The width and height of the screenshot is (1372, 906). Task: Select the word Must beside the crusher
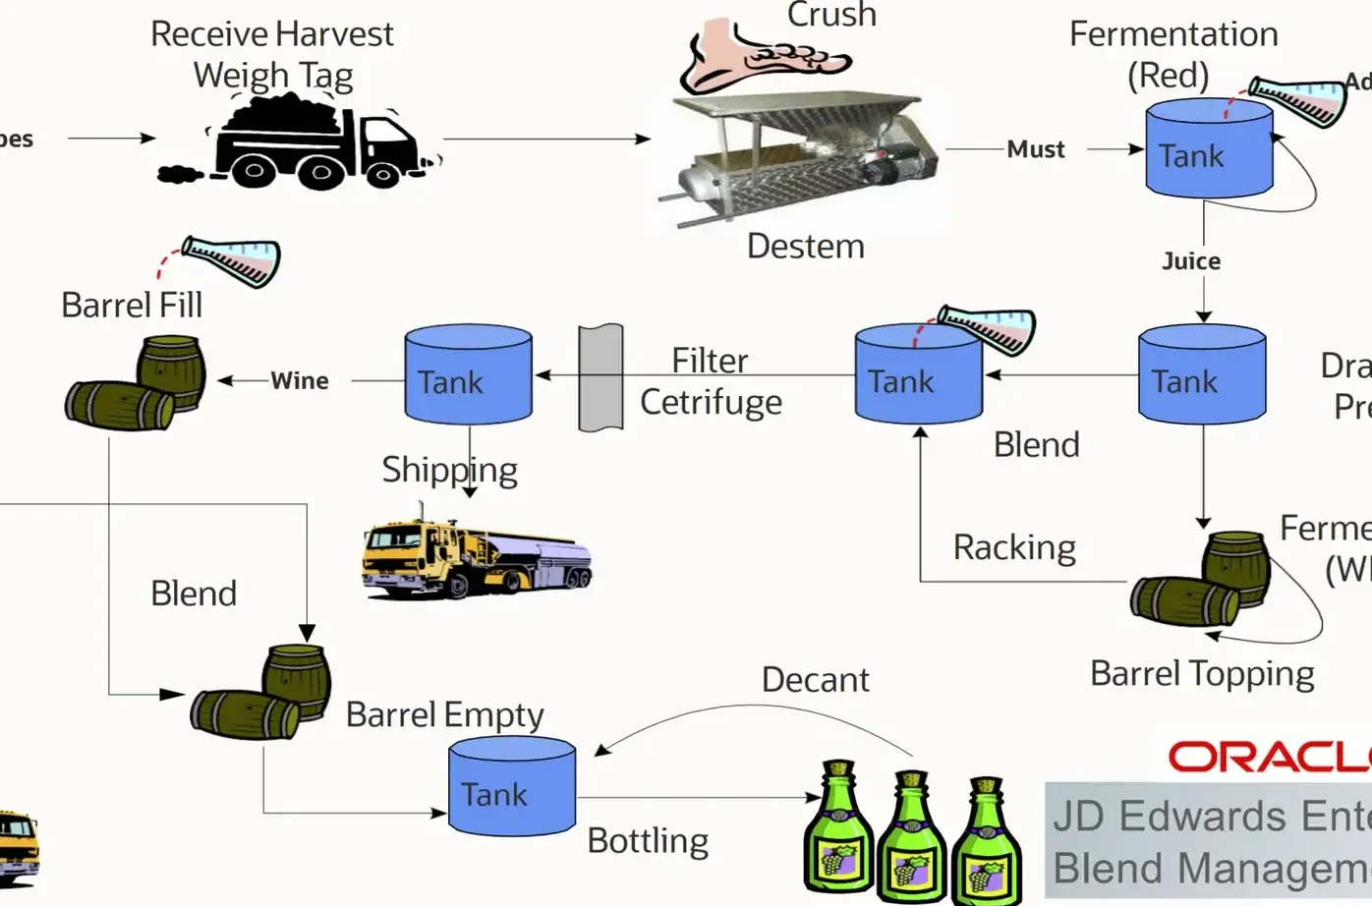1035,149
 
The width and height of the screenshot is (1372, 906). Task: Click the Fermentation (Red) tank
1208,151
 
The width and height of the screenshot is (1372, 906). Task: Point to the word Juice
1190,261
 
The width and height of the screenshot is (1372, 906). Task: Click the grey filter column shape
600,378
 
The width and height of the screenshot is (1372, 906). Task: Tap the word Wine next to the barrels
299,381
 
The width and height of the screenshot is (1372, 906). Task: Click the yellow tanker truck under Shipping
474,556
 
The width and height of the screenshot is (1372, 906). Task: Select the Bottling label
648,841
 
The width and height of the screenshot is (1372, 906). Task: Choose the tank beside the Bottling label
511,788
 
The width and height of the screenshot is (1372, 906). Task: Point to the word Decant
815,680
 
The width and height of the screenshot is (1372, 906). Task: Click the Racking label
1013,547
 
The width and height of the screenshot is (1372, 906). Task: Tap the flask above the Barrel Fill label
232,259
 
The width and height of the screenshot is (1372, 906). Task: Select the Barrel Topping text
1201,674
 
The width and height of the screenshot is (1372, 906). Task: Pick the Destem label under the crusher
805,246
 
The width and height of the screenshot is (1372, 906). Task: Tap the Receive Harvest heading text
271,34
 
